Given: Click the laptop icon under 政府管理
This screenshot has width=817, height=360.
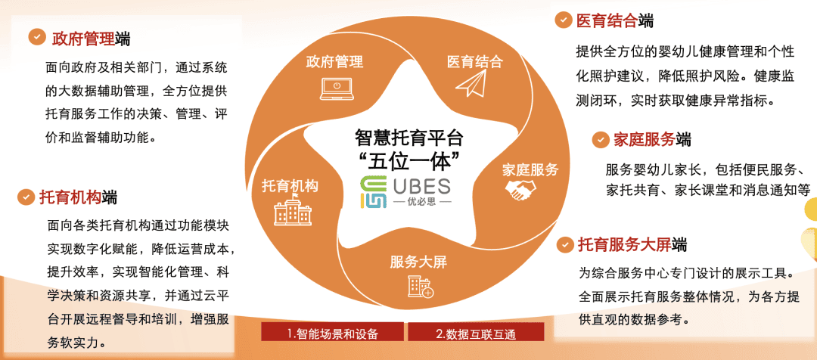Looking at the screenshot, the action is [337, 88].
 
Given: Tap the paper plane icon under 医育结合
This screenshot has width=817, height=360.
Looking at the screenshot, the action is [471, 84].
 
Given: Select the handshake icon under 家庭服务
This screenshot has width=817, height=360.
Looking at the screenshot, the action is [520, 190].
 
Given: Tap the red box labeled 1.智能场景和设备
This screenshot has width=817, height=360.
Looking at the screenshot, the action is [332, 333].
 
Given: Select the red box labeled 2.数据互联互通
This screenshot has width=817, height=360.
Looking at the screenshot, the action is [476, 333].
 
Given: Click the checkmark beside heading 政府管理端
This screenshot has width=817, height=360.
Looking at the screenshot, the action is [36, 37].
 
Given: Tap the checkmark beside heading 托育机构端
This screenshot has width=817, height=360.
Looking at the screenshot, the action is [25, 197].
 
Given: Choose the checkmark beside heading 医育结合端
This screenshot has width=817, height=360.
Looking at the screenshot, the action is [563, 20].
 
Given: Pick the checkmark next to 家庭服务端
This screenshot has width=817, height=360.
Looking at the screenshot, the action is [601, 140].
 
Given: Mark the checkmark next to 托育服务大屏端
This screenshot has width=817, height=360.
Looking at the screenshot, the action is [565, 244].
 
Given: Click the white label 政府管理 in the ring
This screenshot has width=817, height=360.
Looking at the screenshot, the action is [334, 62].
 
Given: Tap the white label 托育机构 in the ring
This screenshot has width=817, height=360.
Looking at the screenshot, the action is [290, 185].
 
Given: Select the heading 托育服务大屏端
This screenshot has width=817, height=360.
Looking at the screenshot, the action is [632, 244].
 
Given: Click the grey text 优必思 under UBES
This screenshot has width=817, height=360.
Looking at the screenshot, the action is [423, 201].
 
